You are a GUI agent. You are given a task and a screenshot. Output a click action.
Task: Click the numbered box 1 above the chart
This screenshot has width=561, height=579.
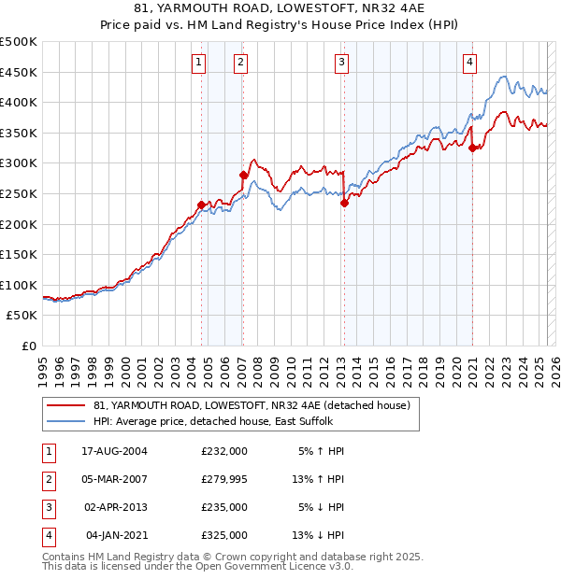point(199,63)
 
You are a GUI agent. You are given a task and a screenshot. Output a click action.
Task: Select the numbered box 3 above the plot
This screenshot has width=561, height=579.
point(341,63)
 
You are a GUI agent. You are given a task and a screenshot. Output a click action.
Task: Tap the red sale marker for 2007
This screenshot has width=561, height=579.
point(243,175)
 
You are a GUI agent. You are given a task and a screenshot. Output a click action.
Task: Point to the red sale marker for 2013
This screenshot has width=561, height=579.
point(344,202)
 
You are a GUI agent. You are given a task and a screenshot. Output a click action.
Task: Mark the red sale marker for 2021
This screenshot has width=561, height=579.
point(473,148)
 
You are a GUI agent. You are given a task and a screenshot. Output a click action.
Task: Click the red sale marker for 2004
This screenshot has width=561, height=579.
point(202,204)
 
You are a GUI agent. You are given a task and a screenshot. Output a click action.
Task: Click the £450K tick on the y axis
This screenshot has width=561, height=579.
point(19,72)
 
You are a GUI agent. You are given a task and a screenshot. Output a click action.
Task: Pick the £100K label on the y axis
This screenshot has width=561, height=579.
point(19,285)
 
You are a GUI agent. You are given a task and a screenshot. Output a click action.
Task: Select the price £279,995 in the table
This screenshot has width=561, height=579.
point(223,480)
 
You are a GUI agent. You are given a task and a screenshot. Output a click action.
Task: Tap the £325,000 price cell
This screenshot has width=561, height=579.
point(223,536)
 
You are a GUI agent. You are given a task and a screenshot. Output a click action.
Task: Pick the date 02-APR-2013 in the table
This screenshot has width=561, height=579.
point(116,508)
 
